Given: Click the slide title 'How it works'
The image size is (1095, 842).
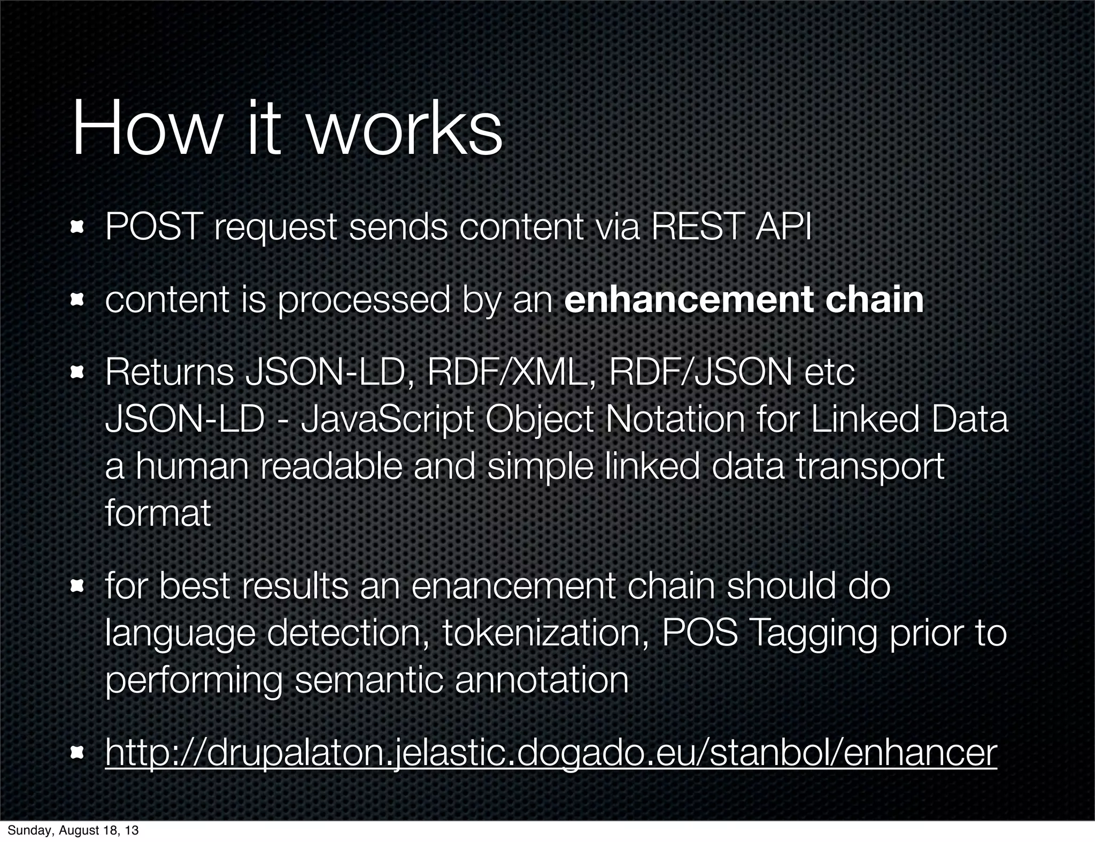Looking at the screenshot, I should [287, 130].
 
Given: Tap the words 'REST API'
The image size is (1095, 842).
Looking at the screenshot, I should [731, 227].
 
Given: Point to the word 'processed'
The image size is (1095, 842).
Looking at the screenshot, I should [364, 300].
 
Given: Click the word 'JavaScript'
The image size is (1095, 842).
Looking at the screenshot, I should [387, 420].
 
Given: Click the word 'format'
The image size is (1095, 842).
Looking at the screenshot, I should [158, 513].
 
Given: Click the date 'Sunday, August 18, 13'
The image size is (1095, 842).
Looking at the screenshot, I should [73, 830].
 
